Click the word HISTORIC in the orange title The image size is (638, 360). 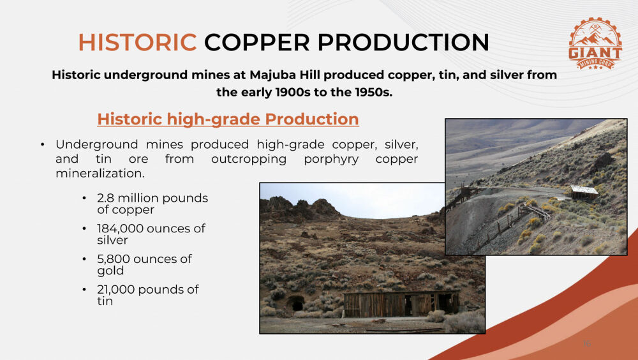pos(138,42)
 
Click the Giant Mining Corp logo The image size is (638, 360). pos(595,43)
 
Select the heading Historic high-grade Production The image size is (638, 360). pos(228,119)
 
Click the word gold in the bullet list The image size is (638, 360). pos(110,271)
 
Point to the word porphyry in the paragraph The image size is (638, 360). pos(331,159)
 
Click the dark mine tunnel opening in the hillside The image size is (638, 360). pos(296,303)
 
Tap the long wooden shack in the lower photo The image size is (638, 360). pos(401,304)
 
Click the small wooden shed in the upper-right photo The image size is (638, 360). pos(584,192)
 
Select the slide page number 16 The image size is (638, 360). pos(586,343)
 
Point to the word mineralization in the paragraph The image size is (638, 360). pos(100,174)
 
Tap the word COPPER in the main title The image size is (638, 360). pos(256,42)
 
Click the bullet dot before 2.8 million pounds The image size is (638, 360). pos(84,199)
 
